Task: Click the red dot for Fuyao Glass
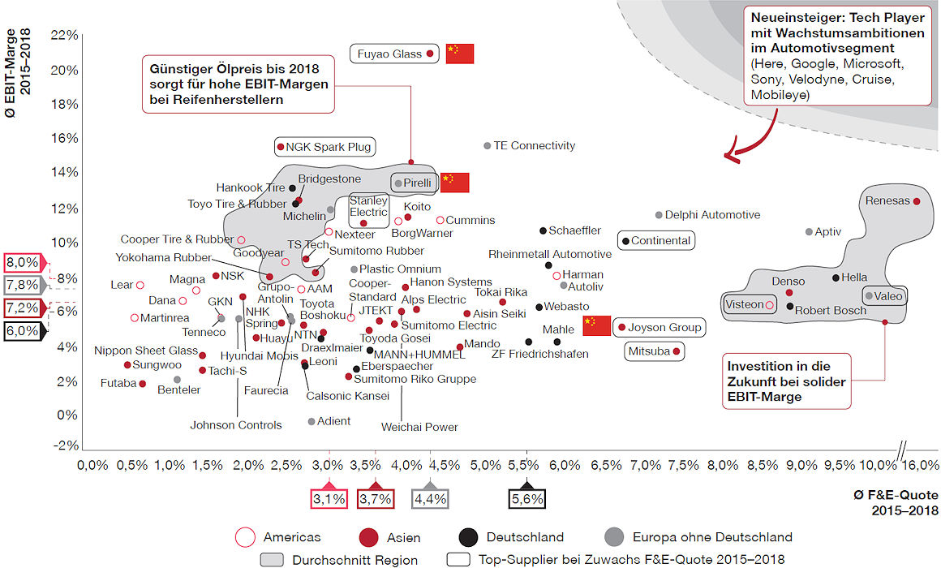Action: (x=430, y=54)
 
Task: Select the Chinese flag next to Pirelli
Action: (x=454, y=183)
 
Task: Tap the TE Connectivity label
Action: (x=535, y=145)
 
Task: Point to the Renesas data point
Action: (x=917, y=201)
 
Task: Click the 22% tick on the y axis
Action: (x=65, y=35)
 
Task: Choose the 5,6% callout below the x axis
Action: (x=526, y=498)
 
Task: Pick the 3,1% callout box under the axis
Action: (x=329, y=498)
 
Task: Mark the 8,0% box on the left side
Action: (x=22, y=262)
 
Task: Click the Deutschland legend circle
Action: (x=466, y=536)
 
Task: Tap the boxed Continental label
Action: (x=660, y=240)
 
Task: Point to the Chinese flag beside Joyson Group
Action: (x=596, y=326)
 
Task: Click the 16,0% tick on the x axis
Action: (x=922, y=466)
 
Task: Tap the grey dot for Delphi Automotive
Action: (x=659, y=215)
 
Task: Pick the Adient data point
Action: (x=312, y=421)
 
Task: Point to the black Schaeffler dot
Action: (x=543, y=230)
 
